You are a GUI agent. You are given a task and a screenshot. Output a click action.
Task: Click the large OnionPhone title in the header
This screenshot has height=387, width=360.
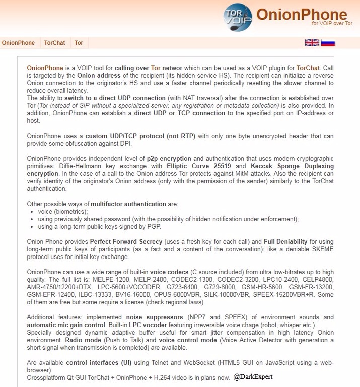(301, 14)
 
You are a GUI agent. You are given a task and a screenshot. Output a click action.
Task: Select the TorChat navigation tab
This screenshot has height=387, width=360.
(54, 43)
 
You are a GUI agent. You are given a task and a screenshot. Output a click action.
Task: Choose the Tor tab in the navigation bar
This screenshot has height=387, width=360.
(79, 43)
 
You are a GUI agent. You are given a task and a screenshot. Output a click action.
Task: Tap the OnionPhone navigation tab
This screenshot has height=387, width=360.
(18, 43)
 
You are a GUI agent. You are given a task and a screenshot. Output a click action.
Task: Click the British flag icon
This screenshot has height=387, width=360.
(312, 43)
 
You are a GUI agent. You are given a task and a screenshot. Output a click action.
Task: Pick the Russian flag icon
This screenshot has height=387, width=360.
(328, 43)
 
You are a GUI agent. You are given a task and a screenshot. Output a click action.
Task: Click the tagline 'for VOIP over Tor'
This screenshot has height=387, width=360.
(332, 24)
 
